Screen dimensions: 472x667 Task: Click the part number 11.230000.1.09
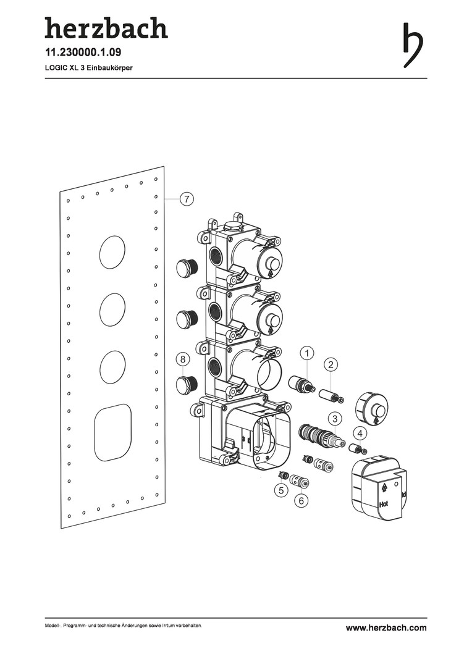(x=83, y=52)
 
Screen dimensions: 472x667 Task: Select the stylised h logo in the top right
(x=413, y=45)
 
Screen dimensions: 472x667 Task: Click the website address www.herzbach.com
(x=386, y=628)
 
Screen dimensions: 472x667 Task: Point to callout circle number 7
(x=187, y=199)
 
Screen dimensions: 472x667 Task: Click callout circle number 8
(x=183, y=359)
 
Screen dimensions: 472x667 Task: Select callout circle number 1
(x=307, y=353)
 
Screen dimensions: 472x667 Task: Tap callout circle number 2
(x=331, y=364)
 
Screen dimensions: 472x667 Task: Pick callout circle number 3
(x=335, y=419)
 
